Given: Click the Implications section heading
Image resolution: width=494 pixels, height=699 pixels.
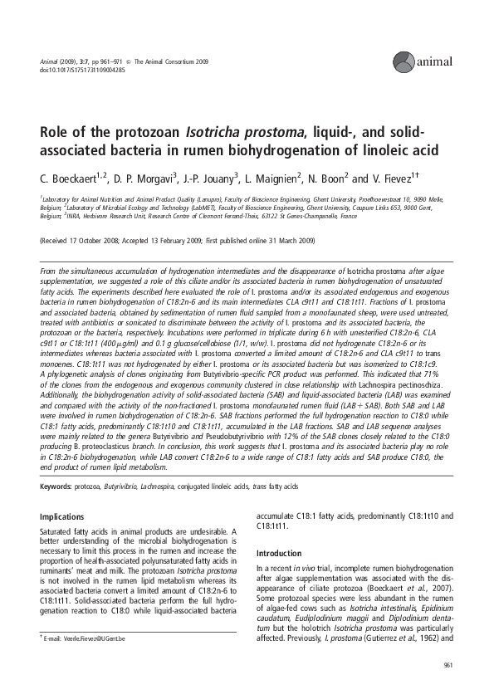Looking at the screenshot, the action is click(62, 516).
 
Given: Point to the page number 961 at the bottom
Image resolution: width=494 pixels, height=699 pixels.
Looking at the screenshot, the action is click(448, 664).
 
